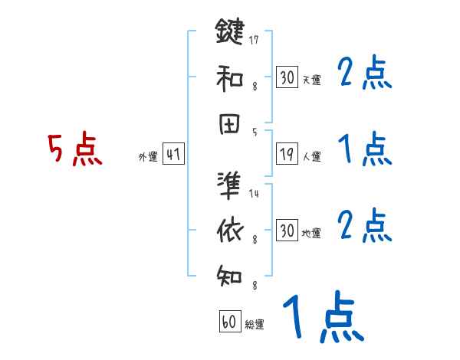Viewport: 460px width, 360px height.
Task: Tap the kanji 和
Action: point(229,77)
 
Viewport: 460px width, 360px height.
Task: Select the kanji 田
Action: point(229,124)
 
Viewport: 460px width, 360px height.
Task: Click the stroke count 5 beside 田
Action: point(255,133)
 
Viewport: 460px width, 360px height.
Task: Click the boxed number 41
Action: point(173,154)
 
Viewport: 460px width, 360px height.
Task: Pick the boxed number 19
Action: point(286,154)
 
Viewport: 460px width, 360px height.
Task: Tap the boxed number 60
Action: point(229,322)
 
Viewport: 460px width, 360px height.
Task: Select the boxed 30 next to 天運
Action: point(286,77)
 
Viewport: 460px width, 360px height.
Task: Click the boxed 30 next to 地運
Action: point(286,231)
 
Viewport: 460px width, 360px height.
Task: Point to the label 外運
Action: point(148,156)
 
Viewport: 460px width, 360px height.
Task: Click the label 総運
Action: point(255,325)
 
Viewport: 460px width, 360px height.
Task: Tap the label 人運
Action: point(312,156)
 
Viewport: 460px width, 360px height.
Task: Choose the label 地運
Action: point(312,233)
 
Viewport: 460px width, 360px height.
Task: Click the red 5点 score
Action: point(74,149)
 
